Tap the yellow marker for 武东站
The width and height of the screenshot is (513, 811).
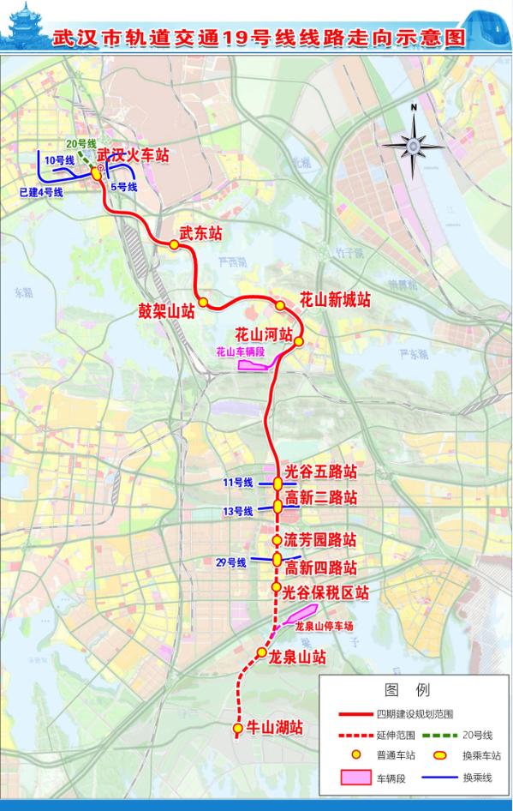[x=174, y=245]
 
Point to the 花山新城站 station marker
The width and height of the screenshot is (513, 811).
[x=280, y=306]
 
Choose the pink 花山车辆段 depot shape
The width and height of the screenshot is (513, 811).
[x=254, y=365]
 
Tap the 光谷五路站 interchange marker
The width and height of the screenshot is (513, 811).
[x=277, y=484]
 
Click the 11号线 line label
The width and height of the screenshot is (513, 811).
[x=238, y=484]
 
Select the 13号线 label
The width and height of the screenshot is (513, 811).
[x=238, y=511]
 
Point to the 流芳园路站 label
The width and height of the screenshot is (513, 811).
[x=319, y=541]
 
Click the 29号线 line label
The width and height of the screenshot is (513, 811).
[x=230, y=562]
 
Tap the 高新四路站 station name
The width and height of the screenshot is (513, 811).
[x=320, y=568]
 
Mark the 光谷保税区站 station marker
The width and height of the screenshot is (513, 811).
[x=276, y=587]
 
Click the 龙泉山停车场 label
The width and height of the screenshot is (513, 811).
[x=323, y=627]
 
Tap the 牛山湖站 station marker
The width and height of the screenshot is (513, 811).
[x=237, y=729]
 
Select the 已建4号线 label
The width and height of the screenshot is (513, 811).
[x=40, y=193]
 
